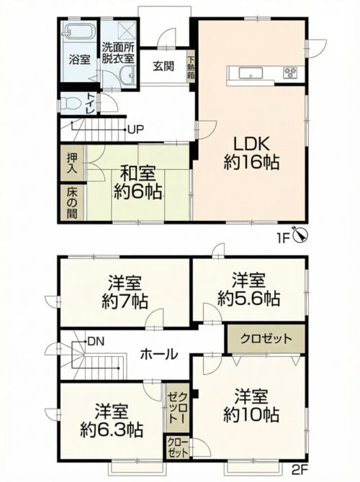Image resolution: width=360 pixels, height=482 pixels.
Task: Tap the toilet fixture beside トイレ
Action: click(x=69, y=104)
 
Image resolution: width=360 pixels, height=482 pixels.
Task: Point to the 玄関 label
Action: click(x=163, y=67)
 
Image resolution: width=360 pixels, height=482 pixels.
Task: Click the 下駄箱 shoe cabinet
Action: click(x=191, y=68)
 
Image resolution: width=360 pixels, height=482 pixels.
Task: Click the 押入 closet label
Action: click(x=72, y=163)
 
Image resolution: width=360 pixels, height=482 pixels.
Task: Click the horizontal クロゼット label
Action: click(x=266, y=339)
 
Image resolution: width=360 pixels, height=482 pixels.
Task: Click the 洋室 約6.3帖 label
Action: click(x=111, y=421)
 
